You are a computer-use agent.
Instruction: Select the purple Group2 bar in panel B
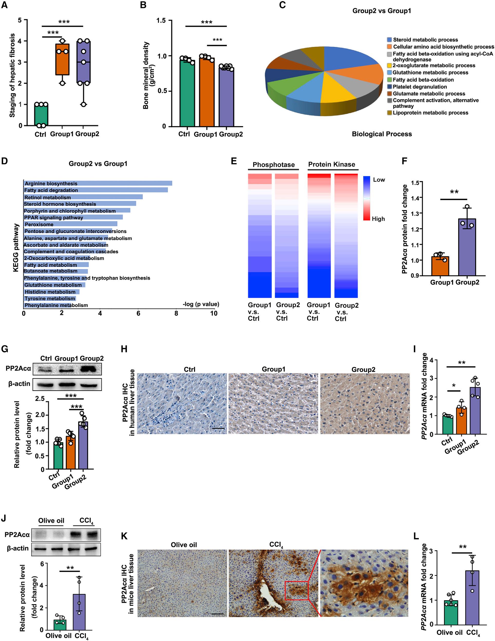(226, 97)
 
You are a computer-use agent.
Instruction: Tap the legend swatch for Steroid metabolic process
(389, 40)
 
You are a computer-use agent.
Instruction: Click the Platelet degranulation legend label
(420, 87)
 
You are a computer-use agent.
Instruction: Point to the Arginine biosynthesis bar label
(51, 183)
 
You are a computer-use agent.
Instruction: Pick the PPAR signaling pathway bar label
(53, 218)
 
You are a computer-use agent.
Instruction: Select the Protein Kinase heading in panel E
(331, 164)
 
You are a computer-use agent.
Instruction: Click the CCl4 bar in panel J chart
(79, 612)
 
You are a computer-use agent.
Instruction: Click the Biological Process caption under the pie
(382, 134)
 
